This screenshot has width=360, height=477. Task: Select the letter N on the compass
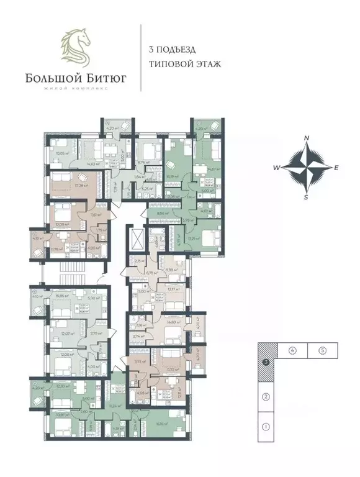point(307,139)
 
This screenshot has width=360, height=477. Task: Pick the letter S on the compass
point(306,197)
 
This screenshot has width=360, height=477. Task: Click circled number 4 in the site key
point(291,351)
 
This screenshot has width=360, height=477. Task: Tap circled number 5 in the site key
point(323,351)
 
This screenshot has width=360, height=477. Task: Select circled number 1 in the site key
point(265,427)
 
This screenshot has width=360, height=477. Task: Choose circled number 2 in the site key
point(265,397)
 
